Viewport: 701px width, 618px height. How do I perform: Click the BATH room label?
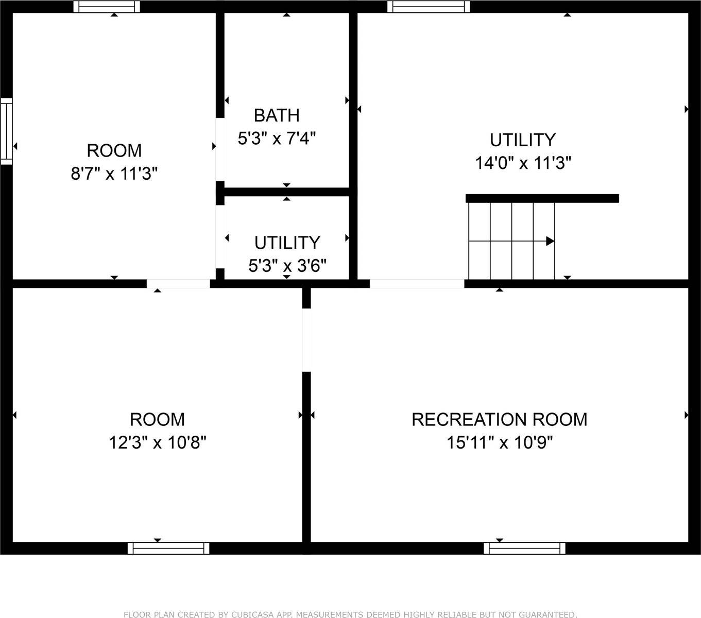pos(277,115)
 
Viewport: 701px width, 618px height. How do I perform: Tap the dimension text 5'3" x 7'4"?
pos(277,139)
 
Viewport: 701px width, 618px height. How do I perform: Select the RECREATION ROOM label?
pos(499,419)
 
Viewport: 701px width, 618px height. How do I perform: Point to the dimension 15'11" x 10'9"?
pos(499,442)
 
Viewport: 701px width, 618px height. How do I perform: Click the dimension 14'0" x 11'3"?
pos(523,163)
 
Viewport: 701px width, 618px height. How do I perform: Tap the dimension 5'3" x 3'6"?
pos(287,266)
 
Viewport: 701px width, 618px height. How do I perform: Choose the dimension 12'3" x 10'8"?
pos(158,442)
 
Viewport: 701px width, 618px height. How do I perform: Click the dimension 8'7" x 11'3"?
pos(114,174)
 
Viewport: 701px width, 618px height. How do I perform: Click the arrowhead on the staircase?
pos(550,241)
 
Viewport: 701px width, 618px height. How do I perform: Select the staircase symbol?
pos(511,241)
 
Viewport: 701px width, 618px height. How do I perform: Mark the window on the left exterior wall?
pos(6,131)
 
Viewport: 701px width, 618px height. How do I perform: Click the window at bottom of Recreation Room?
pos(524,548)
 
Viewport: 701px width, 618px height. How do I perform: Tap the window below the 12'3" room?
pos(168,548)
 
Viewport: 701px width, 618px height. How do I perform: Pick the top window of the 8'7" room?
pos(107,7)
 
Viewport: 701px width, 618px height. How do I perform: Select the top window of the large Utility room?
pos(429,7)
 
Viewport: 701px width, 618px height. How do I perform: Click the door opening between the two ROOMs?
pos(178,284)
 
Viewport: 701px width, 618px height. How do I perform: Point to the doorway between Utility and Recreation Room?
pos(417,284)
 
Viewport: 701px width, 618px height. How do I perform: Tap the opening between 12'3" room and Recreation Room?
pos(306,340)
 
